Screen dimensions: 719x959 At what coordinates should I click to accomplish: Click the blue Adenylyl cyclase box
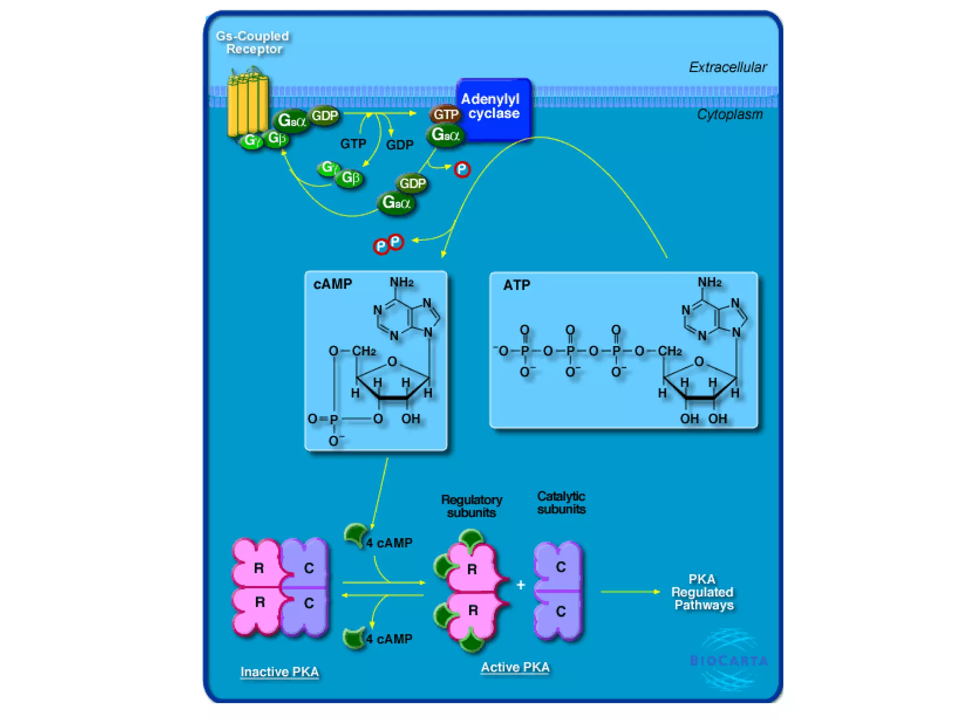[494, 109]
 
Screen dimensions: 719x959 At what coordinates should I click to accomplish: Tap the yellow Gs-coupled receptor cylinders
[248, 103]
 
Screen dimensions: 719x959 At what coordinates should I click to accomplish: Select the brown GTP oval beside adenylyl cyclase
[445, 114]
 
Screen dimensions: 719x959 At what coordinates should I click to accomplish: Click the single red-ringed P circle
[462, 169]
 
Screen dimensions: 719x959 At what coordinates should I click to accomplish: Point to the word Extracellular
[728, 67]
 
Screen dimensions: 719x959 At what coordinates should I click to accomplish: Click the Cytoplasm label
[730, 114]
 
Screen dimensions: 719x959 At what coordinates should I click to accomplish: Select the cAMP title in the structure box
[332, 284]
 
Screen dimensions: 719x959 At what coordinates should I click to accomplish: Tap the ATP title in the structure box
[516, 285]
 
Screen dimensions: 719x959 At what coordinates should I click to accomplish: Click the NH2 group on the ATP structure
[709, 282]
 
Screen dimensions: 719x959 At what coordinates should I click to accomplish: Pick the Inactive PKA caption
[280, 672]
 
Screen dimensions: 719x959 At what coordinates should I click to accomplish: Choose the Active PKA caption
[515, 667]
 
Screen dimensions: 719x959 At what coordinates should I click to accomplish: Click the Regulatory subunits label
[472, 506]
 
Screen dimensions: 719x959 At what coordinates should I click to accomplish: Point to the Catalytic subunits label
[561, 503]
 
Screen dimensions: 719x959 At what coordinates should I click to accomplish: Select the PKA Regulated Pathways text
[703, 592]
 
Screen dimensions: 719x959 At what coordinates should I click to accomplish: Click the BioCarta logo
[729, 660]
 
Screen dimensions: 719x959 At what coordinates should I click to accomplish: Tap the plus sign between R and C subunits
[521, 585]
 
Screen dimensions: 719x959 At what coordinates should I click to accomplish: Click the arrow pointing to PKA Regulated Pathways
[630, 592]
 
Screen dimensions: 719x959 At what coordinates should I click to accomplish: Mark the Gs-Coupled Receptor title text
[253, 43]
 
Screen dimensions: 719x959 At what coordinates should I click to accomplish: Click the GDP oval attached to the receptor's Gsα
[325, 115]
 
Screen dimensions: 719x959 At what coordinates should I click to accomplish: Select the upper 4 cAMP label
[389, 543]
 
